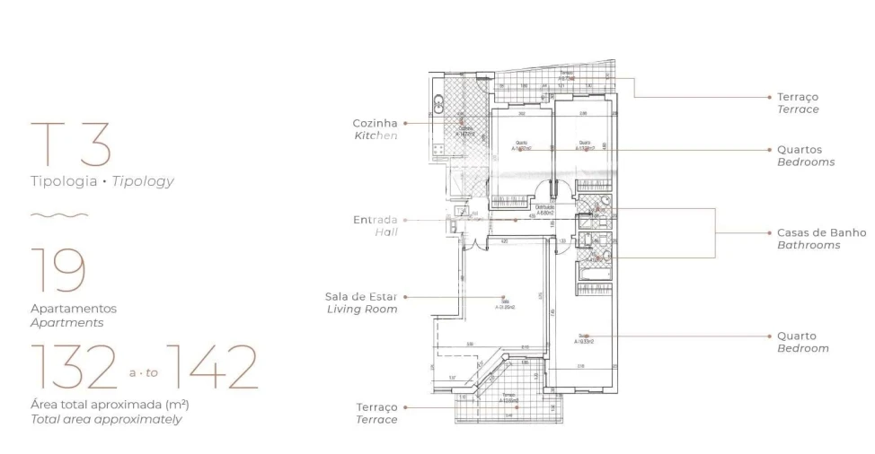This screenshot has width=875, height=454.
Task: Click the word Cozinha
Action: click(375, 123)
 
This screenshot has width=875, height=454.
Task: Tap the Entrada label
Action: click(376, 220)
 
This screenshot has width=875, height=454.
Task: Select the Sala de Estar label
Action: click(361, 296)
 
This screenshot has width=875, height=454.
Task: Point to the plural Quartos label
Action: click(799, 150)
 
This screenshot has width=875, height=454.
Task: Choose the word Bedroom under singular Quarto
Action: click(802, 348)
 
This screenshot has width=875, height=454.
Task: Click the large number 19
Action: click(58, 269)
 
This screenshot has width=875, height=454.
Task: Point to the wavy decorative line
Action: click(59, 215)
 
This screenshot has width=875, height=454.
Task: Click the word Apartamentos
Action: click(74, 309)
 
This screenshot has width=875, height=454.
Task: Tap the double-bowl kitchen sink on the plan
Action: click(438, 104)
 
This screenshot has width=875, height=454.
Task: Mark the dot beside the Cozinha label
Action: click(405, 123)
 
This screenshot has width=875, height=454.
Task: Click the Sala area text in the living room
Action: click(503, 303)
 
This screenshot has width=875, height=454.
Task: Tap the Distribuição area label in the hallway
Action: click(544, 209)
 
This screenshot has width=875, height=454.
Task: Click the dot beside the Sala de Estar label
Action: click(405, 296)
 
